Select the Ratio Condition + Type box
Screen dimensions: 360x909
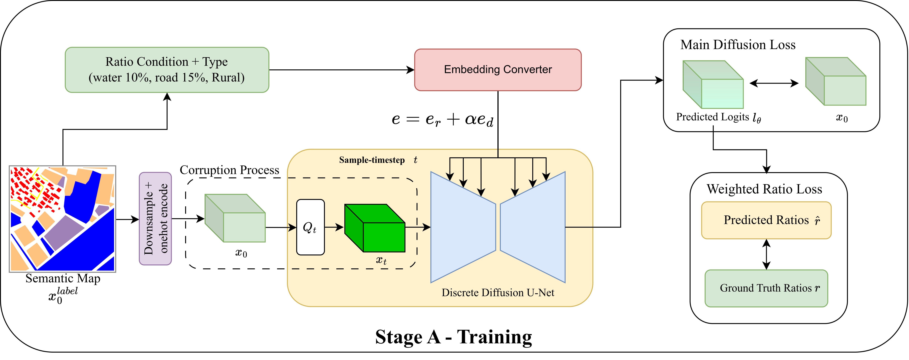point(167,70)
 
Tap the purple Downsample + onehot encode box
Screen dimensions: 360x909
point(155,219)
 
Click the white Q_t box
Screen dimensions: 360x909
point(310,227)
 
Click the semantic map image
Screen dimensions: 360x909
point(62,219)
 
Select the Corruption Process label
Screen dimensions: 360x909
point(229,170)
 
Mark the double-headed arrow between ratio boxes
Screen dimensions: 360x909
point(766,254)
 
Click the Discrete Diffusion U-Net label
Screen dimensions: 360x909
point(498,293)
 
